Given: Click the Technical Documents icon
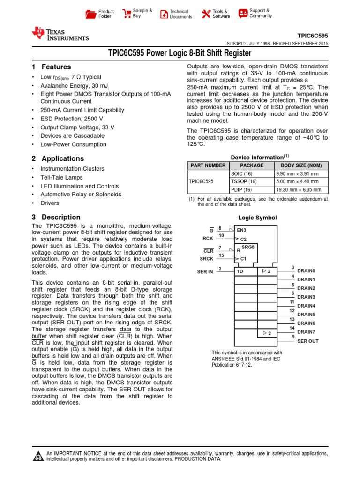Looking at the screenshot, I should (164, 14).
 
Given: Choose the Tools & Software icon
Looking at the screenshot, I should (206, 14).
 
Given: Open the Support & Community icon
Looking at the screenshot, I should (243, 14).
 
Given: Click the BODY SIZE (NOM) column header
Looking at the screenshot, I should (301, 165).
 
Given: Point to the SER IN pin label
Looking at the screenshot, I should (205, 272).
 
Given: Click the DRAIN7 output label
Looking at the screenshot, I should (306, 332).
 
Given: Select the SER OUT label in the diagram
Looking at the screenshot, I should (307, 341).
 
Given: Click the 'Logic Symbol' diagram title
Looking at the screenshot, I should (257, 217).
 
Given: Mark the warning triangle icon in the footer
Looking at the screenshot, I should (37, 457).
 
